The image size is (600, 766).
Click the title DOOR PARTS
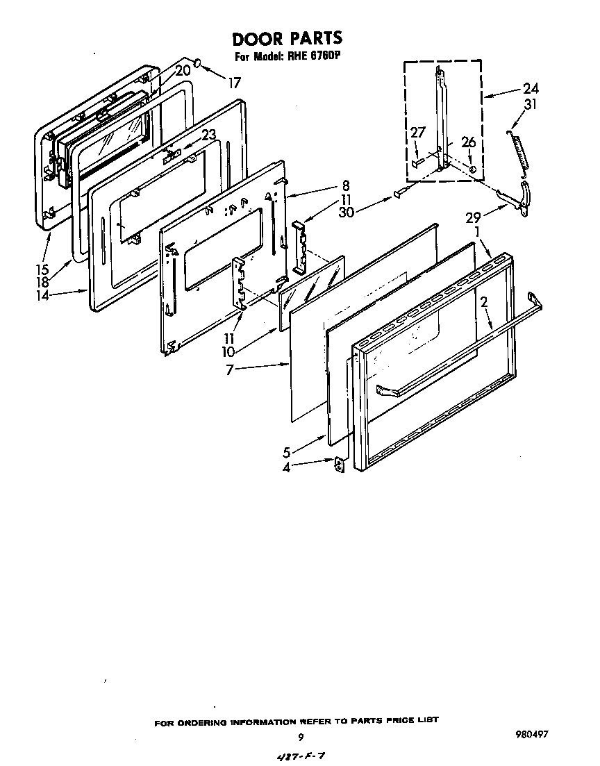tap(287, 38)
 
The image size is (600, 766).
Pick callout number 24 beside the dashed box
tap(531, 88)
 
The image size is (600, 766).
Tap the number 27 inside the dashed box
tap(418, 133)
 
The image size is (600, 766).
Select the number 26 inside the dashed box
tap(469, 142)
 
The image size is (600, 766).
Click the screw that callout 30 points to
tap(397, 195)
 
